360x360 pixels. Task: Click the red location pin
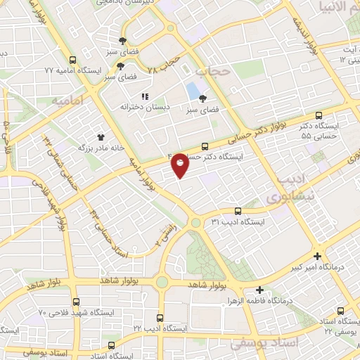[x=180, y=165]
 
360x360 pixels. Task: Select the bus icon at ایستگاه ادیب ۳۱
[x=237, y=210]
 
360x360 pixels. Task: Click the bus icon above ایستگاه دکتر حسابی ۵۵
[x=319, y=115]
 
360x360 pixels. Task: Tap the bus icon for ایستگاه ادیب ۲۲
[x=160, y=317]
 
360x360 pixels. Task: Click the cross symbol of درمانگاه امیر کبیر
[x=318, y=257]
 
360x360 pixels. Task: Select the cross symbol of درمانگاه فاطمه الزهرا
[x=259, y=290]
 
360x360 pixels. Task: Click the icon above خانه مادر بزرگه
[x=100, y=137]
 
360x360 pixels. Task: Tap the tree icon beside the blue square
[x=203, y=99]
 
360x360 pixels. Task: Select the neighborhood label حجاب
[x=212, y=72]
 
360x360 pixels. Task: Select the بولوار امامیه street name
[x=145, y=172]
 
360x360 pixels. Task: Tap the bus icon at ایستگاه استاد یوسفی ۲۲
[x=341, y=310]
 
